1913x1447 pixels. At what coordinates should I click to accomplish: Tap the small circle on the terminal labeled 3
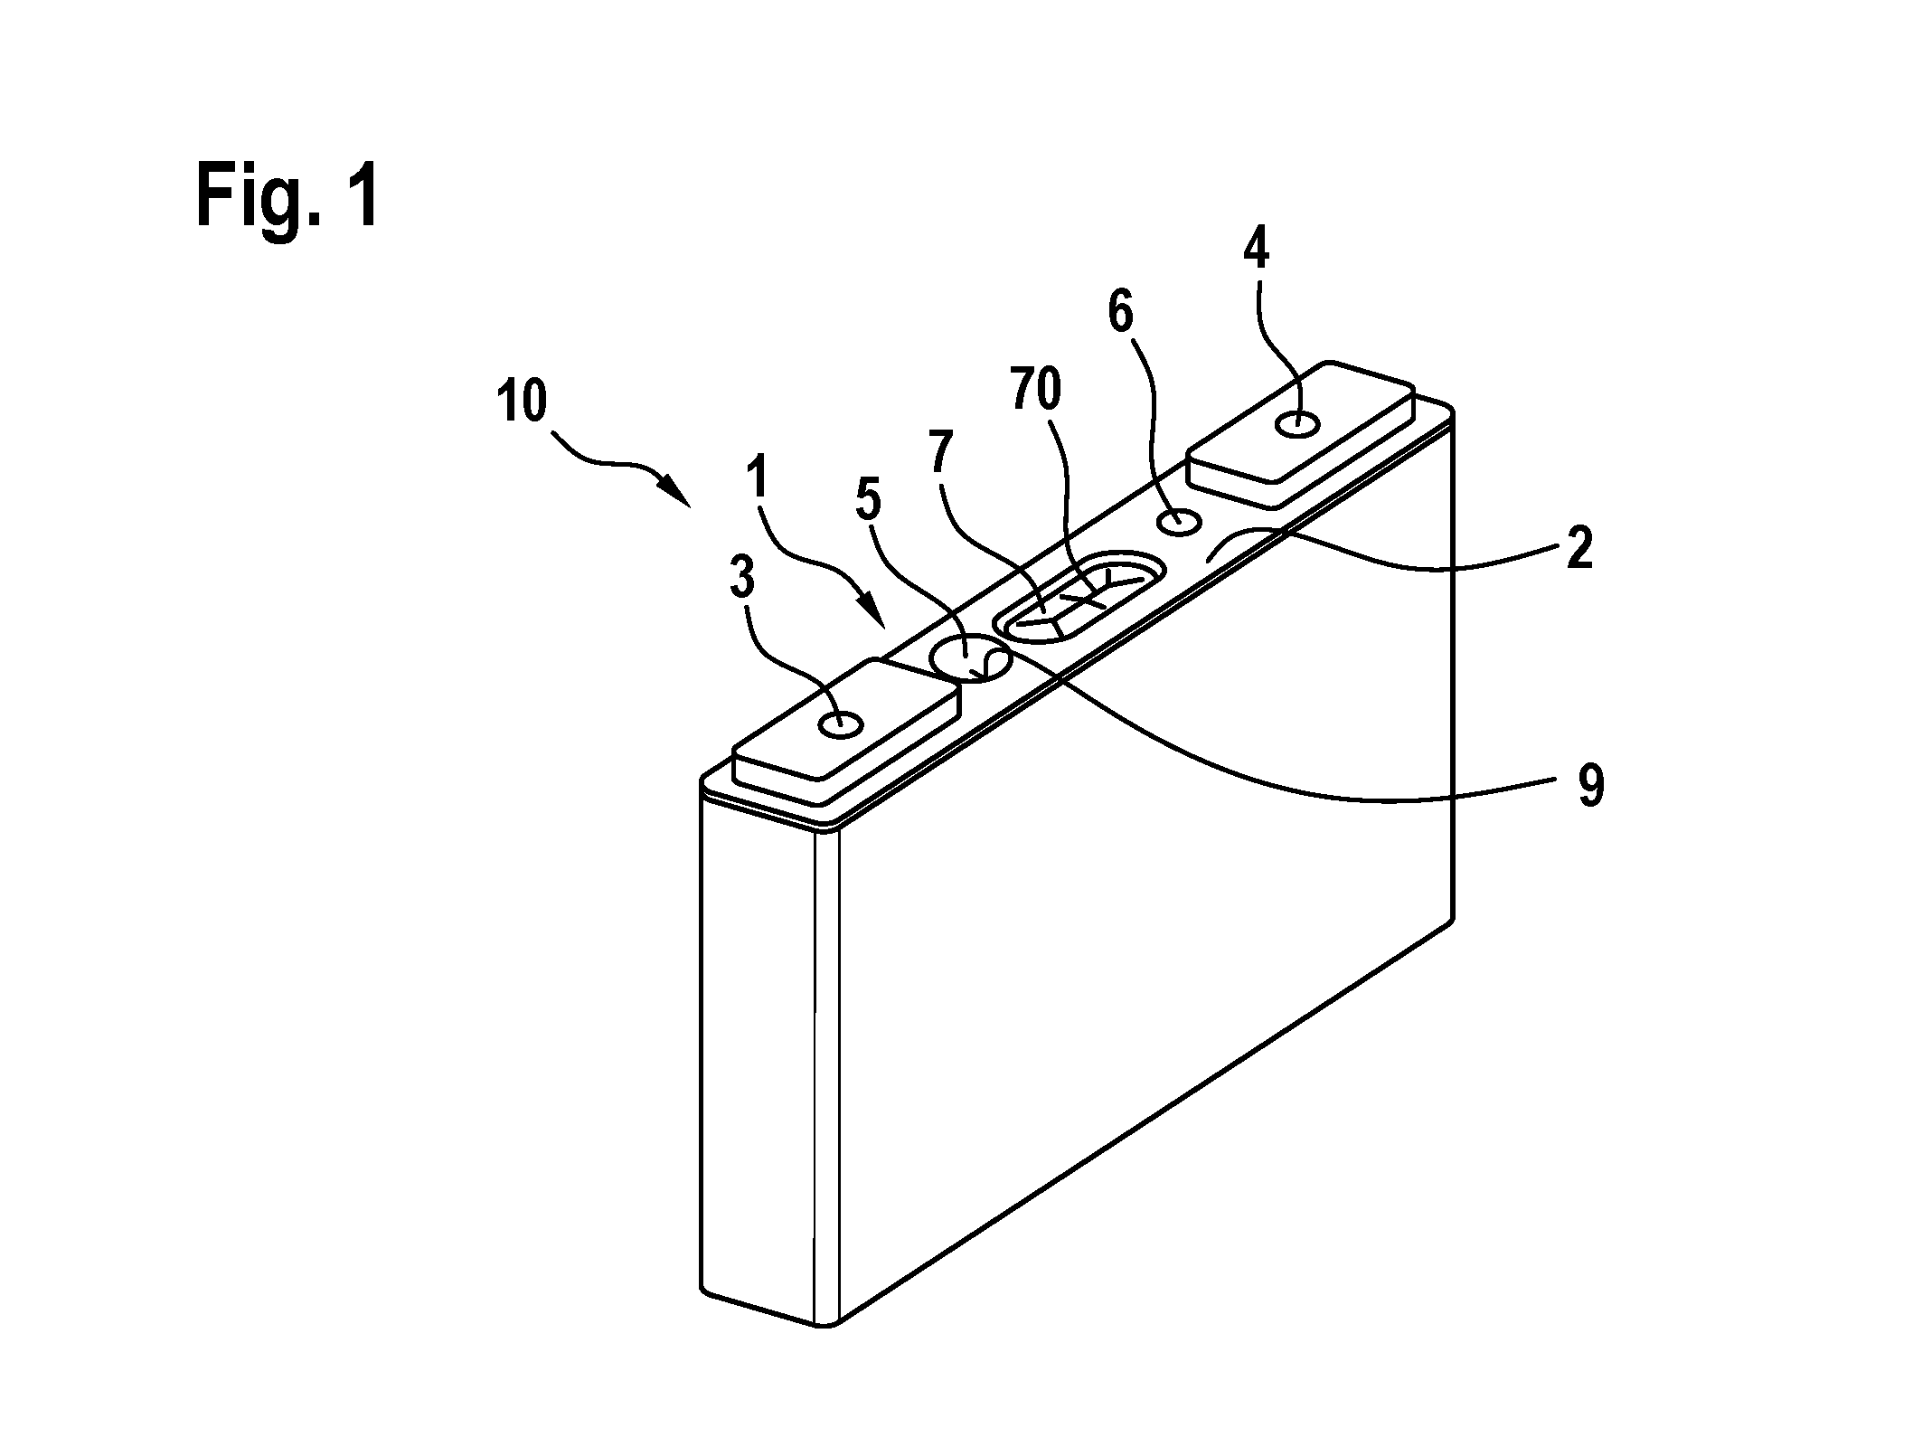840,723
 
